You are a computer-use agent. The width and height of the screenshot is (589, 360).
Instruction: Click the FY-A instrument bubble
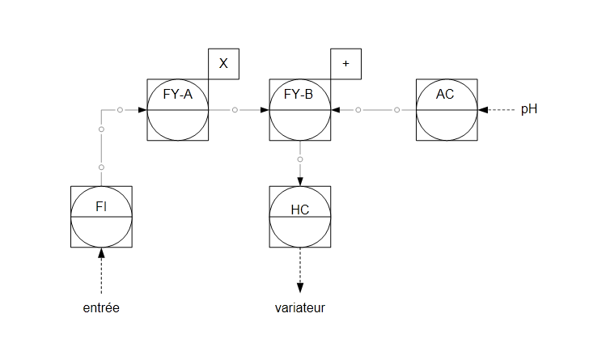tap(178, 109)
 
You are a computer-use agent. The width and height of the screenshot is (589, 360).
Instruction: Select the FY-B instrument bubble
tap(299, 109)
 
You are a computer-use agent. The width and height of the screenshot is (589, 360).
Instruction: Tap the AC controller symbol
tap(446, 109)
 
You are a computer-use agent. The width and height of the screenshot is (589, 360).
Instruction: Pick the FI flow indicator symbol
tap(101, 217)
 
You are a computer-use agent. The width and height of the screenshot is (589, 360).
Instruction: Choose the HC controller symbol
tap(299, 217)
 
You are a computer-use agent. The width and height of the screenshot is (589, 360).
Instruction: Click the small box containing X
tap(223, 64)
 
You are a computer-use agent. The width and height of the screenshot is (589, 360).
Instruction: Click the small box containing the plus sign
tap(345, 64)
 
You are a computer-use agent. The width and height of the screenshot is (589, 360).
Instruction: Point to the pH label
tap(529, 109)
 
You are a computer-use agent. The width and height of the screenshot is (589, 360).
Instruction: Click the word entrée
tap(101, 308)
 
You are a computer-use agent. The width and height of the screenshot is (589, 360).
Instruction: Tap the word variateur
tap(300, 308)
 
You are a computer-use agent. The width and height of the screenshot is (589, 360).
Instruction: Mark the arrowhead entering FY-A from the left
tap(143, 109)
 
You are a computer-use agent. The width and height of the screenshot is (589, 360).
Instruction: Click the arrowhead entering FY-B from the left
tap(265, 109)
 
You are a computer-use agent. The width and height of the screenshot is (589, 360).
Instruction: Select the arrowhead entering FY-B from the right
tap(335, 109)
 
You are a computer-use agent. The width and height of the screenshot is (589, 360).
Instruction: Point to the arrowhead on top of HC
tap(299, 182)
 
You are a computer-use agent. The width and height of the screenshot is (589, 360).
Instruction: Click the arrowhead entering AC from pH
tap(481, 109)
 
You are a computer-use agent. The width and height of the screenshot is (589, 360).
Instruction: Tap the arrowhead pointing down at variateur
tap(299, 287)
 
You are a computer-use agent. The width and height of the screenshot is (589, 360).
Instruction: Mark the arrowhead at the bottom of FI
tap(101, 252)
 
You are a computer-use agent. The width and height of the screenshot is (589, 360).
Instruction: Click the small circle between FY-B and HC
tap(299, 159)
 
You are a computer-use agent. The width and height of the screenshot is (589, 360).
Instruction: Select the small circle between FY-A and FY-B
tap(235, 109)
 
